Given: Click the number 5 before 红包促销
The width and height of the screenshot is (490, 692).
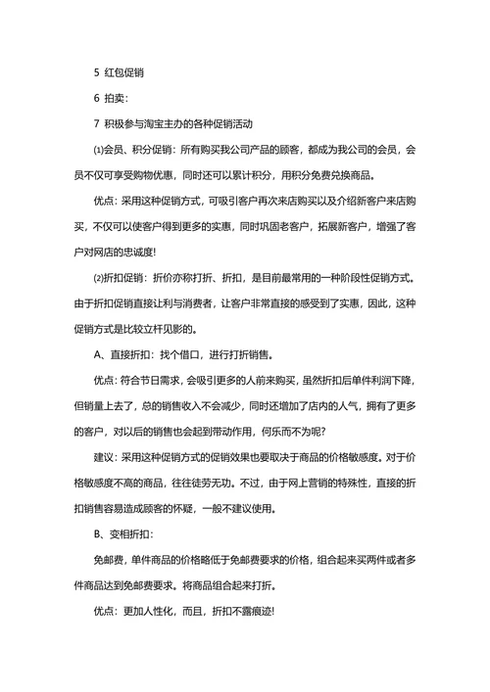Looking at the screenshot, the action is (x=95, y=71).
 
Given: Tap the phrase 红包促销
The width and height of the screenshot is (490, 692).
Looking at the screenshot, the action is (x=126, y=71).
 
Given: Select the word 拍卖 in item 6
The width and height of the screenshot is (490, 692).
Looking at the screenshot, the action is (x=117, y=98).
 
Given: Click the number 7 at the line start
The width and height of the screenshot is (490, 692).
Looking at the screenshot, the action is (x=95, y=124).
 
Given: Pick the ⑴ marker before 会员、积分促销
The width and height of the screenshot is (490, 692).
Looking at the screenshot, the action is (x=97, y=151).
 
